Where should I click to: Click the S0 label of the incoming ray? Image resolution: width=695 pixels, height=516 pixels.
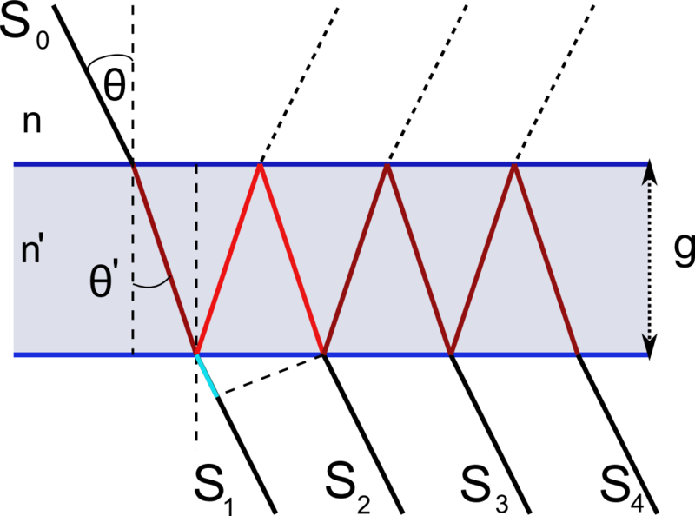pos(25,28)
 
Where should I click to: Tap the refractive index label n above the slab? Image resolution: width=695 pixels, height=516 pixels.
pos(32,122)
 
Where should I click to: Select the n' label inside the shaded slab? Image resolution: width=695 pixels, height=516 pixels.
pos(32,251)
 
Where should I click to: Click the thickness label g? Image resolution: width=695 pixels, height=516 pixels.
pos(684,251)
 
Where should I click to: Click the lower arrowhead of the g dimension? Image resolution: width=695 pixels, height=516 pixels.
pos(649,347)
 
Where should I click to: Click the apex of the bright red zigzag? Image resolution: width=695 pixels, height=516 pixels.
pos(260,165)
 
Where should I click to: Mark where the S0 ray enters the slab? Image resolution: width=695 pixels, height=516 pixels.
pos(132,164)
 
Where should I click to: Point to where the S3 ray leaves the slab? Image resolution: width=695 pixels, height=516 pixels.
pos(451,354)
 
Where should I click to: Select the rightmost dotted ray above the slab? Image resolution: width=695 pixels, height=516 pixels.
pos(554,83)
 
